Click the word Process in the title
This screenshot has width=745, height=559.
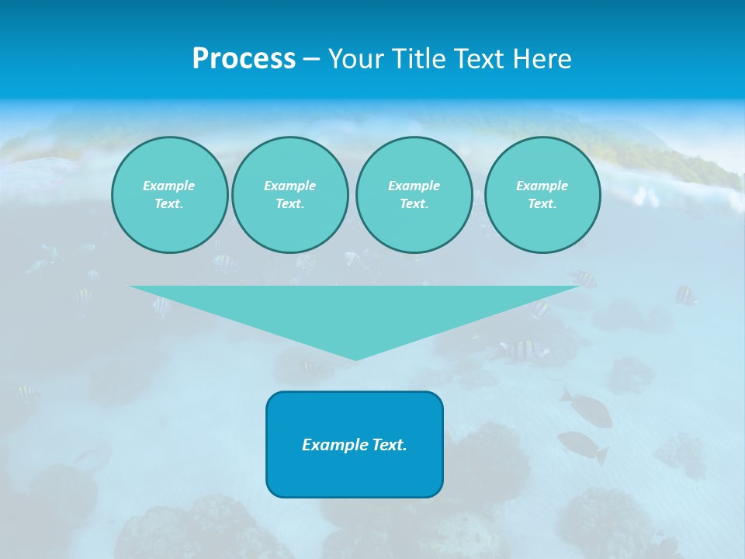point(244,59)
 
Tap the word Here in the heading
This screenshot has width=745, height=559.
point(542,59)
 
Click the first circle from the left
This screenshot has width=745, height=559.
point(169,195)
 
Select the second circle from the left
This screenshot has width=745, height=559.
point(289,195)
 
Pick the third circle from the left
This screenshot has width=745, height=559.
point(414,195)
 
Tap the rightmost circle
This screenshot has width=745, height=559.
point(542,195)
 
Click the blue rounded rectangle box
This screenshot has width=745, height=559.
point(355,444)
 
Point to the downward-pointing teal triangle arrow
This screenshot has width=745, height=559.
point(355,311)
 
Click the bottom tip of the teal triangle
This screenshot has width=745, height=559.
point(355,358)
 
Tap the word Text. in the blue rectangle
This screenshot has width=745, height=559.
point(389,445)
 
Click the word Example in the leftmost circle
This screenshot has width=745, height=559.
point(169,186)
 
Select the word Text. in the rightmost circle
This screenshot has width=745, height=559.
point(542,204)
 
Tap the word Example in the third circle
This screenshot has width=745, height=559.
point(414,186)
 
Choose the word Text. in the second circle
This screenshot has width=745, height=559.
point(289,204)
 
